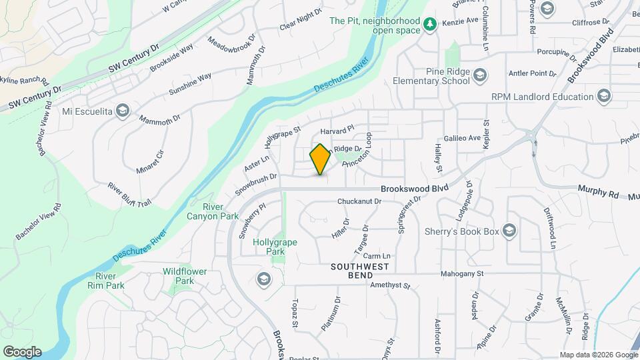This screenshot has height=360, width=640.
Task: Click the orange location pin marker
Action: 321,159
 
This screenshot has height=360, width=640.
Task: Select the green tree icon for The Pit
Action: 431,25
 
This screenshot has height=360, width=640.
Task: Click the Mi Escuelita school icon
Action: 121,111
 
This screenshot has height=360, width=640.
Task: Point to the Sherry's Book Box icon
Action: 509,231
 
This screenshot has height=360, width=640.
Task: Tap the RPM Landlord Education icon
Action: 604,97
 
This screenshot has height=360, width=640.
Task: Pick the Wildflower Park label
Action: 185,276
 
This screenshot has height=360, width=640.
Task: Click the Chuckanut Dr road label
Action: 359,201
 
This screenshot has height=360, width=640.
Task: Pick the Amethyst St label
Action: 391,285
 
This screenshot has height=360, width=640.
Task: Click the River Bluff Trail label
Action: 129,193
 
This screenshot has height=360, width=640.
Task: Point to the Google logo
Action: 22,351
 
